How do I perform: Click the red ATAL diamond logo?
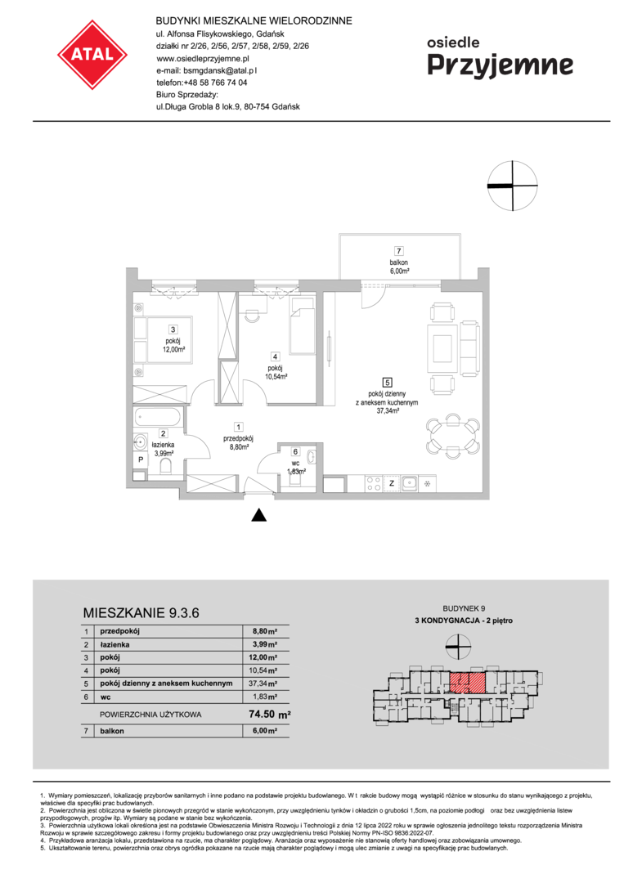coord(92,55)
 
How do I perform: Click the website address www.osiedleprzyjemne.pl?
coord(203,58)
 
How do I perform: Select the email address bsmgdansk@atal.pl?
coord(220,70)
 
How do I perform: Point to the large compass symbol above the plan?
coord(513,186)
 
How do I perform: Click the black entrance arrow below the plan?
coord(258,515)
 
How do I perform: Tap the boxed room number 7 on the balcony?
coord(399,251)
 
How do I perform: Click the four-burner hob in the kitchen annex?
coord(374,484)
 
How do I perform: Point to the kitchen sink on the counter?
coord(409,483)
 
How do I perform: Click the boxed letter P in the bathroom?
coord(141,459)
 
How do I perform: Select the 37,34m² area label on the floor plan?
coord(388,411)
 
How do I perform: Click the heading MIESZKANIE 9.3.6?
coord(141,612)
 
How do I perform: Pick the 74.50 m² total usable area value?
coord(270,714)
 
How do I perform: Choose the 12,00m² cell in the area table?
coord(265,657)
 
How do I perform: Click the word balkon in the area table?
coord(112,731)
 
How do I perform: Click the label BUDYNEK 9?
coord(464,608)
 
